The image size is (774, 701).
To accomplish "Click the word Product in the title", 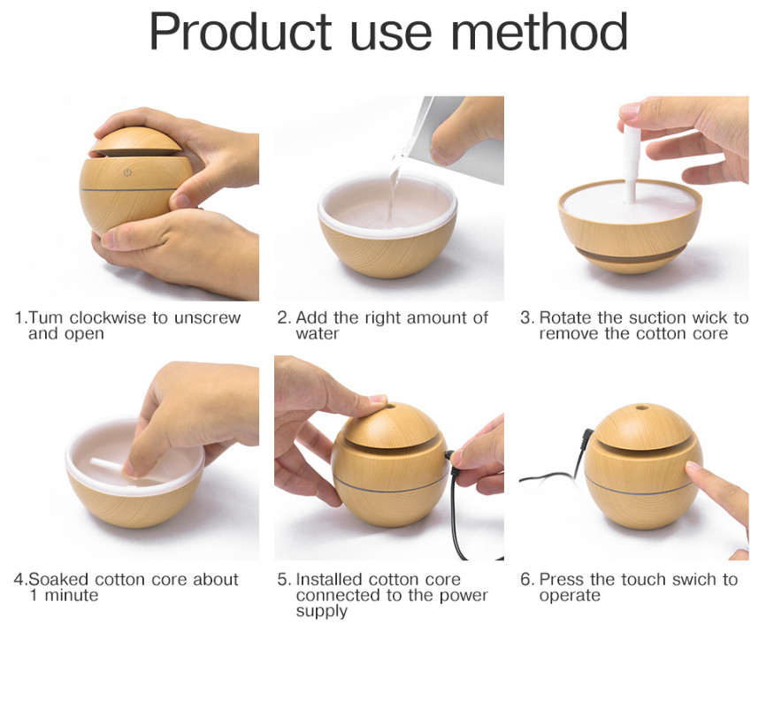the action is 241,33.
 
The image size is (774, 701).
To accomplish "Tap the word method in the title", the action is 539,32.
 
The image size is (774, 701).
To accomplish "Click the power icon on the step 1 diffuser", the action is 128,172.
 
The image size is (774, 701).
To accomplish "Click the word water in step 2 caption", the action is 318,334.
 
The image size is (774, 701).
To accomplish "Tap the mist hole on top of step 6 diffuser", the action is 641,408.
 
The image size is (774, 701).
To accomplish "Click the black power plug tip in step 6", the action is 587,437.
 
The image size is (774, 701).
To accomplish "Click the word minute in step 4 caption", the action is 72,596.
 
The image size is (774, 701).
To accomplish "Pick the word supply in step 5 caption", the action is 322,613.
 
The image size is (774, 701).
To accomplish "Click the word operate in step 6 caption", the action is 570,596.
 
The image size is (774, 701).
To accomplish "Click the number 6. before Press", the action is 526,579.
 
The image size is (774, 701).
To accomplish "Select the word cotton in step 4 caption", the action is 120,579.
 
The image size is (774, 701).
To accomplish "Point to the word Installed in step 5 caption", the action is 329,579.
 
